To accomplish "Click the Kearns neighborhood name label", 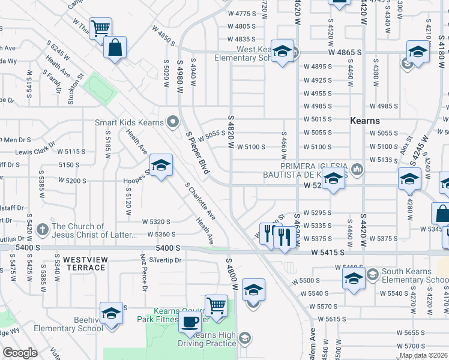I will [367, 121].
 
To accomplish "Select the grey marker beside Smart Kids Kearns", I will [174, 122].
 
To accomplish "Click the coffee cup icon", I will [190, 322].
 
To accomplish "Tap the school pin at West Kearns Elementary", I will [282, 52].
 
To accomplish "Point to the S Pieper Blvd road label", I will [197, 153].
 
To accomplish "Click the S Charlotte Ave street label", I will [200, 201].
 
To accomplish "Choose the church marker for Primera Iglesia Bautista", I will [357, 169].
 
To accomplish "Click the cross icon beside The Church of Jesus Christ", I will [42, 229].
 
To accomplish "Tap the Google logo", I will [20, 353].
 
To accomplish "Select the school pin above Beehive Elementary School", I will [111, 313].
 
